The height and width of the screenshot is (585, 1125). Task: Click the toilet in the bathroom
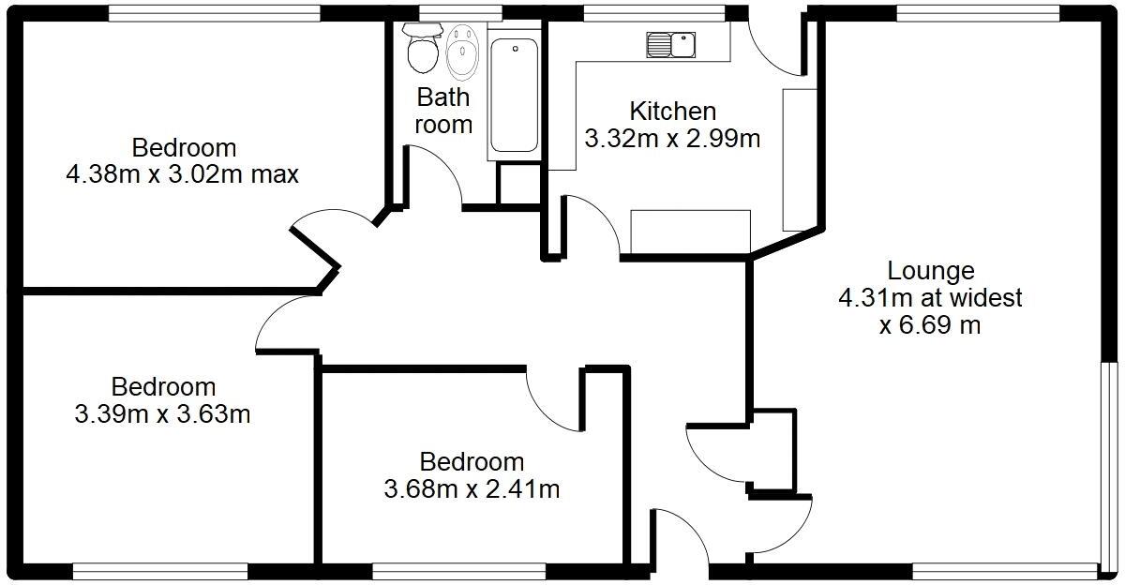(422, 50)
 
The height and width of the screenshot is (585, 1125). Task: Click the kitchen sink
(671, 43)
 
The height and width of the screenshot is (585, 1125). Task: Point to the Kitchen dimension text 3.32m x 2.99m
(671, 139)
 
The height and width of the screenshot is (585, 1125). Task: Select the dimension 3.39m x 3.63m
(162, 413)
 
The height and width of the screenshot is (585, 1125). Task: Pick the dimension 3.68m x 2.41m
(472, 488)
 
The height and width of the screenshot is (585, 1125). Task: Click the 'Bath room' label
(443, 110)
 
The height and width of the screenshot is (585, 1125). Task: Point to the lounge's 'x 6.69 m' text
(930, 325)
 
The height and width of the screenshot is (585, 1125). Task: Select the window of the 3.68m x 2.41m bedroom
(458, 570)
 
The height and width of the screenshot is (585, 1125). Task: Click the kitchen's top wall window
(653, 13)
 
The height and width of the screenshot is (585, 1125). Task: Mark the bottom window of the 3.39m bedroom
(159, 570)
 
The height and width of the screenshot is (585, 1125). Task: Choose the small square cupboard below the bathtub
(518, 183)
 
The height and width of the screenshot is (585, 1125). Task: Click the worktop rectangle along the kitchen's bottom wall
(690, 231)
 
